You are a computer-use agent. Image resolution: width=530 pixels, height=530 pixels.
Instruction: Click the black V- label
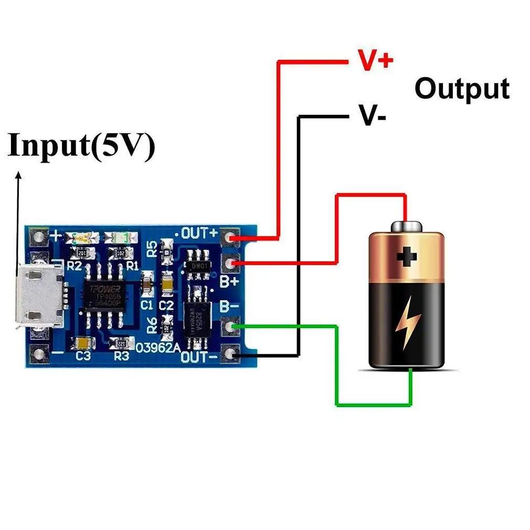pyautogui.click(x=373, y=114)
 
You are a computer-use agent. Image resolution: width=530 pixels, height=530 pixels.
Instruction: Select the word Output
pyautogui.click(x=462, y=89)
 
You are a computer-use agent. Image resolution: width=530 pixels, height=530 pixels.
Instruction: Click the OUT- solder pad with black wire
pyautogui.click(x=230, y=355)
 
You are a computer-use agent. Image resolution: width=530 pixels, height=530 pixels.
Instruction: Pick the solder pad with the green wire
pyautogui.click(x=230, y=327)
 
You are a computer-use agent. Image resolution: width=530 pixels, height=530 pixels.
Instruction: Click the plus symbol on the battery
pyautogui.click(x=406, y=257)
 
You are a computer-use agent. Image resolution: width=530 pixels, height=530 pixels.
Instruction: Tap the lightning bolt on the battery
pyautogui.click(x=407, y=325)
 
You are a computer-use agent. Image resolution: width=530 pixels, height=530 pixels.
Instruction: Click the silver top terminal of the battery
pyautogui.click(x=406, y=226)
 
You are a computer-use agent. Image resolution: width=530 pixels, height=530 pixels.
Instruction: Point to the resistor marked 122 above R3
pyautogui.click(x=121, y=343)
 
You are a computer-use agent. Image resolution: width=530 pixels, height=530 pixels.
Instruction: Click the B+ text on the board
pyautogui.click(x=229, y=282)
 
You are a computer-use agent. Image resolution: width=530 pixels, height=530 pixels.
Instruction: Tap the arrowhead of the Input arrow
pyautogui.click(x=19, y=177)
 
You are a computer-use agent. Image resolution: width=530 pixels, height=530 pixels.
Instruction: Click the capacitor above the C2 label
pyautogui.click(x=167, y=283)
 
